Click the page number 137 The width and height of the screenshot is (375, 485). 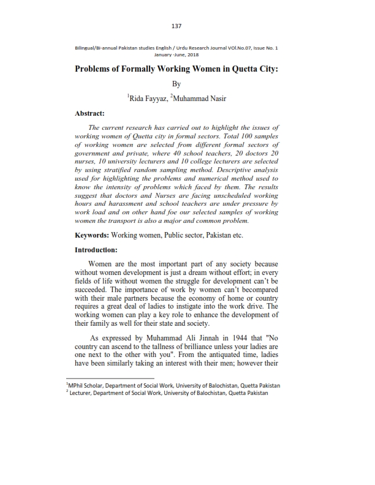click(x=177, y=26)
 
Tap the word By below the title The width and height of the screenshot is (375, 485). click(x=177, y=85)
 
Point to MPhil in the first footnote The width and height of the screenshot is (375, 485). click(x=77, y=386)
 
